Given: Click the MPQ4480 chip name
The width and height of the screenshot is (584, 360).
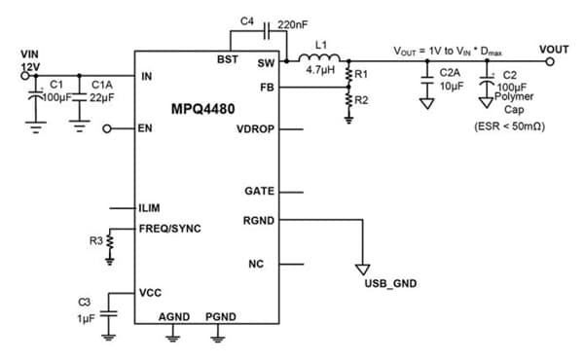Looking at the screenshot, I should [x=205, y=107].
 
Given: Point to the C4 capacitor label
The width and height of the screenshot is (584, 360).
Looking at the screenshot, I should [x=246, y=21].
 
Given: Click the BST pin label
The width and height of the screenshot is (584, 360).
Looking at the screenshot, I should [x=255, y=60].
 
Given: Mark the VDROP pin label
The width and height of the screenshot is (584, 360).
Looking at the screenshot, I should [x=255, y=128].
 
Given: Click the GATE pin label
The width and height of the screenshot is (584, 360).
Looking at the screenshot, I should [x=259, y=192].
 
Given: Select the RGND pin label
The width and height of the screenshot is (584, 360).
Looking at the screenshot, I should [x=258, y=220].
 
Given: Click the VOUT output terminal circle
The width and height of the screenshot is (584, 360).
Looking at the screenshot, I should [x=550, y=61].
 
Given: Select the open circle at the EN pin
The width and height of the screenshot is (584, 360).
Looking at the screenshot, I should [x=109, y=127].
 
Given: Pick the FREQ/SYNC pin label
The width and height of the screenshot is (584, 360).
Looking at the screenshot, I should [x=171, y=230].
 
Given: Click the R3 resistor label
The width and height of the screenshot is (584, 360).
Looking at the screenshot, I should [x=96, y=239].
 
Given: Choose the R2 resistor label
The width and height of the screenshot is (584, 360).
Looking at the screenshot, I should [x=362, y=100].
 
